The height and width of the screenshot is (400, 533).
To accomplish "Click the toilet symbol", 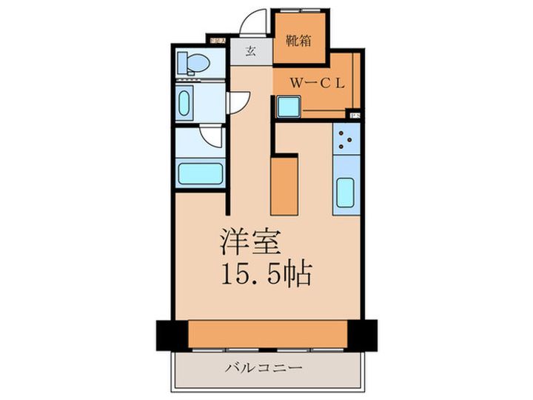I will pyautogui.click(x=196, y=63).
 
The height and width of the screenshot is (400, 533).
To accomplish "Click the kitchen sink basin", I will pyautogui.click(x=346, y=193).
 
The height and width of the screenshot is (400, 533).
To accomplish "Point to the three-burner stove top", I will pyautogui.click(x=346, y=139).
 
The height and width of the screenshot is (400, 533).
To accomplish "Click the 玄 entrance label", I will pyautogui.click(x=250, y=52).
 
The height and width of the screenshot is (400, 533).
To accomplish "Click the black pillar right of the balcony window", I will pyautogui.click(x=362, y=335).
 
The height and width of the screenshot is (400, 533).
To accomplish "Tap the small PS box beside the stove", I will pyautogui.click(x=355, y=115).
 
